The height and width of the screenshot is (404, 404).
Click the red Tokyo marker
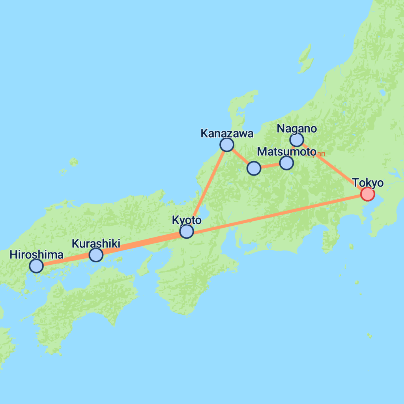pos(367,194)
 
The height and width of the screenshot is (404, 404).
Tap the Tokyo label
pos(368,183)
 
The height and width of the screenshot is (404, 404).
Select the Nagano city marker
pos(296,140)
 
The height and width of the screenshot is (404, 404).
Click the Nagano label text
pos(296,129)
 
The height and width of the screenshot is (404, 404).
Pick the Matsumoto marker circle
pos(286,163)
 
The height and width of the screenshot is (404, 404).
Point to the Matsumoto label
pos(286,151)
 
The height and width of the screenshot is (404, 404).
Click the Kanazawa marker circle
pos(227,145)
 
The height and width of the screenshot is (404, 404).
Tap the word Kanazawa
pos(227,134)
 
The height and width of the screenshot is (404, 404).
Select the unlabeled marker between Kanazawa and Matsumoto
pos(254,168)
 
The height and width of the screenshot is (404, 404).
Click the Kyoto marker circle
pos(187,231)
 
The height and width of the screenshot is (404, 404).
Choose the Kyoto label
pos(187,220)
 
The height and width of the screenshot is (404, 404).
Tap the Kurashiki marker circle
pos(96,255)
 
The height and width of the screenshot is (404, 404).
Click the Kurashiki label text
pos(96,244)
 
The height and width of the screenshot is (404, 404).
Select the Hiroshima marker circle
pos(36,266)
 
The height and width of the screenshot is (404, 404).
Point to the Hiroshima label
pos(36,255)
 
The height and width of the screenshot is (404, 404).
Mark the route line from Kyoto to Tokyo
pos(276,213)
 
